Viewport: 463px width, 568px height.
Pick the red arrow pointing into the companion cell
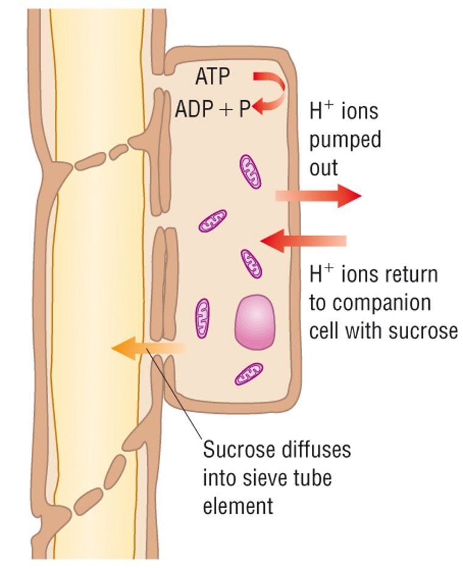(303, 240)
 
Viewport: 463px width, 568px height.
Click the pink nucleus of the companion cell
(255, 322)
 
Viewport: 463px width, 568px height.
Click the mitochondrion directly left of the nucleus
(202, 318)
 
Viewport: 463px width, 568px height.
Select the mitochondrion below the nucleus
(249, 373)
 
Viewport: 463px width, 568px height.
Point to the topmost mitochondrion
(250, 171)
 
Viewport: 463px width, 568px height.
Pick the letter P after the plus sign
(244, 110)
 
